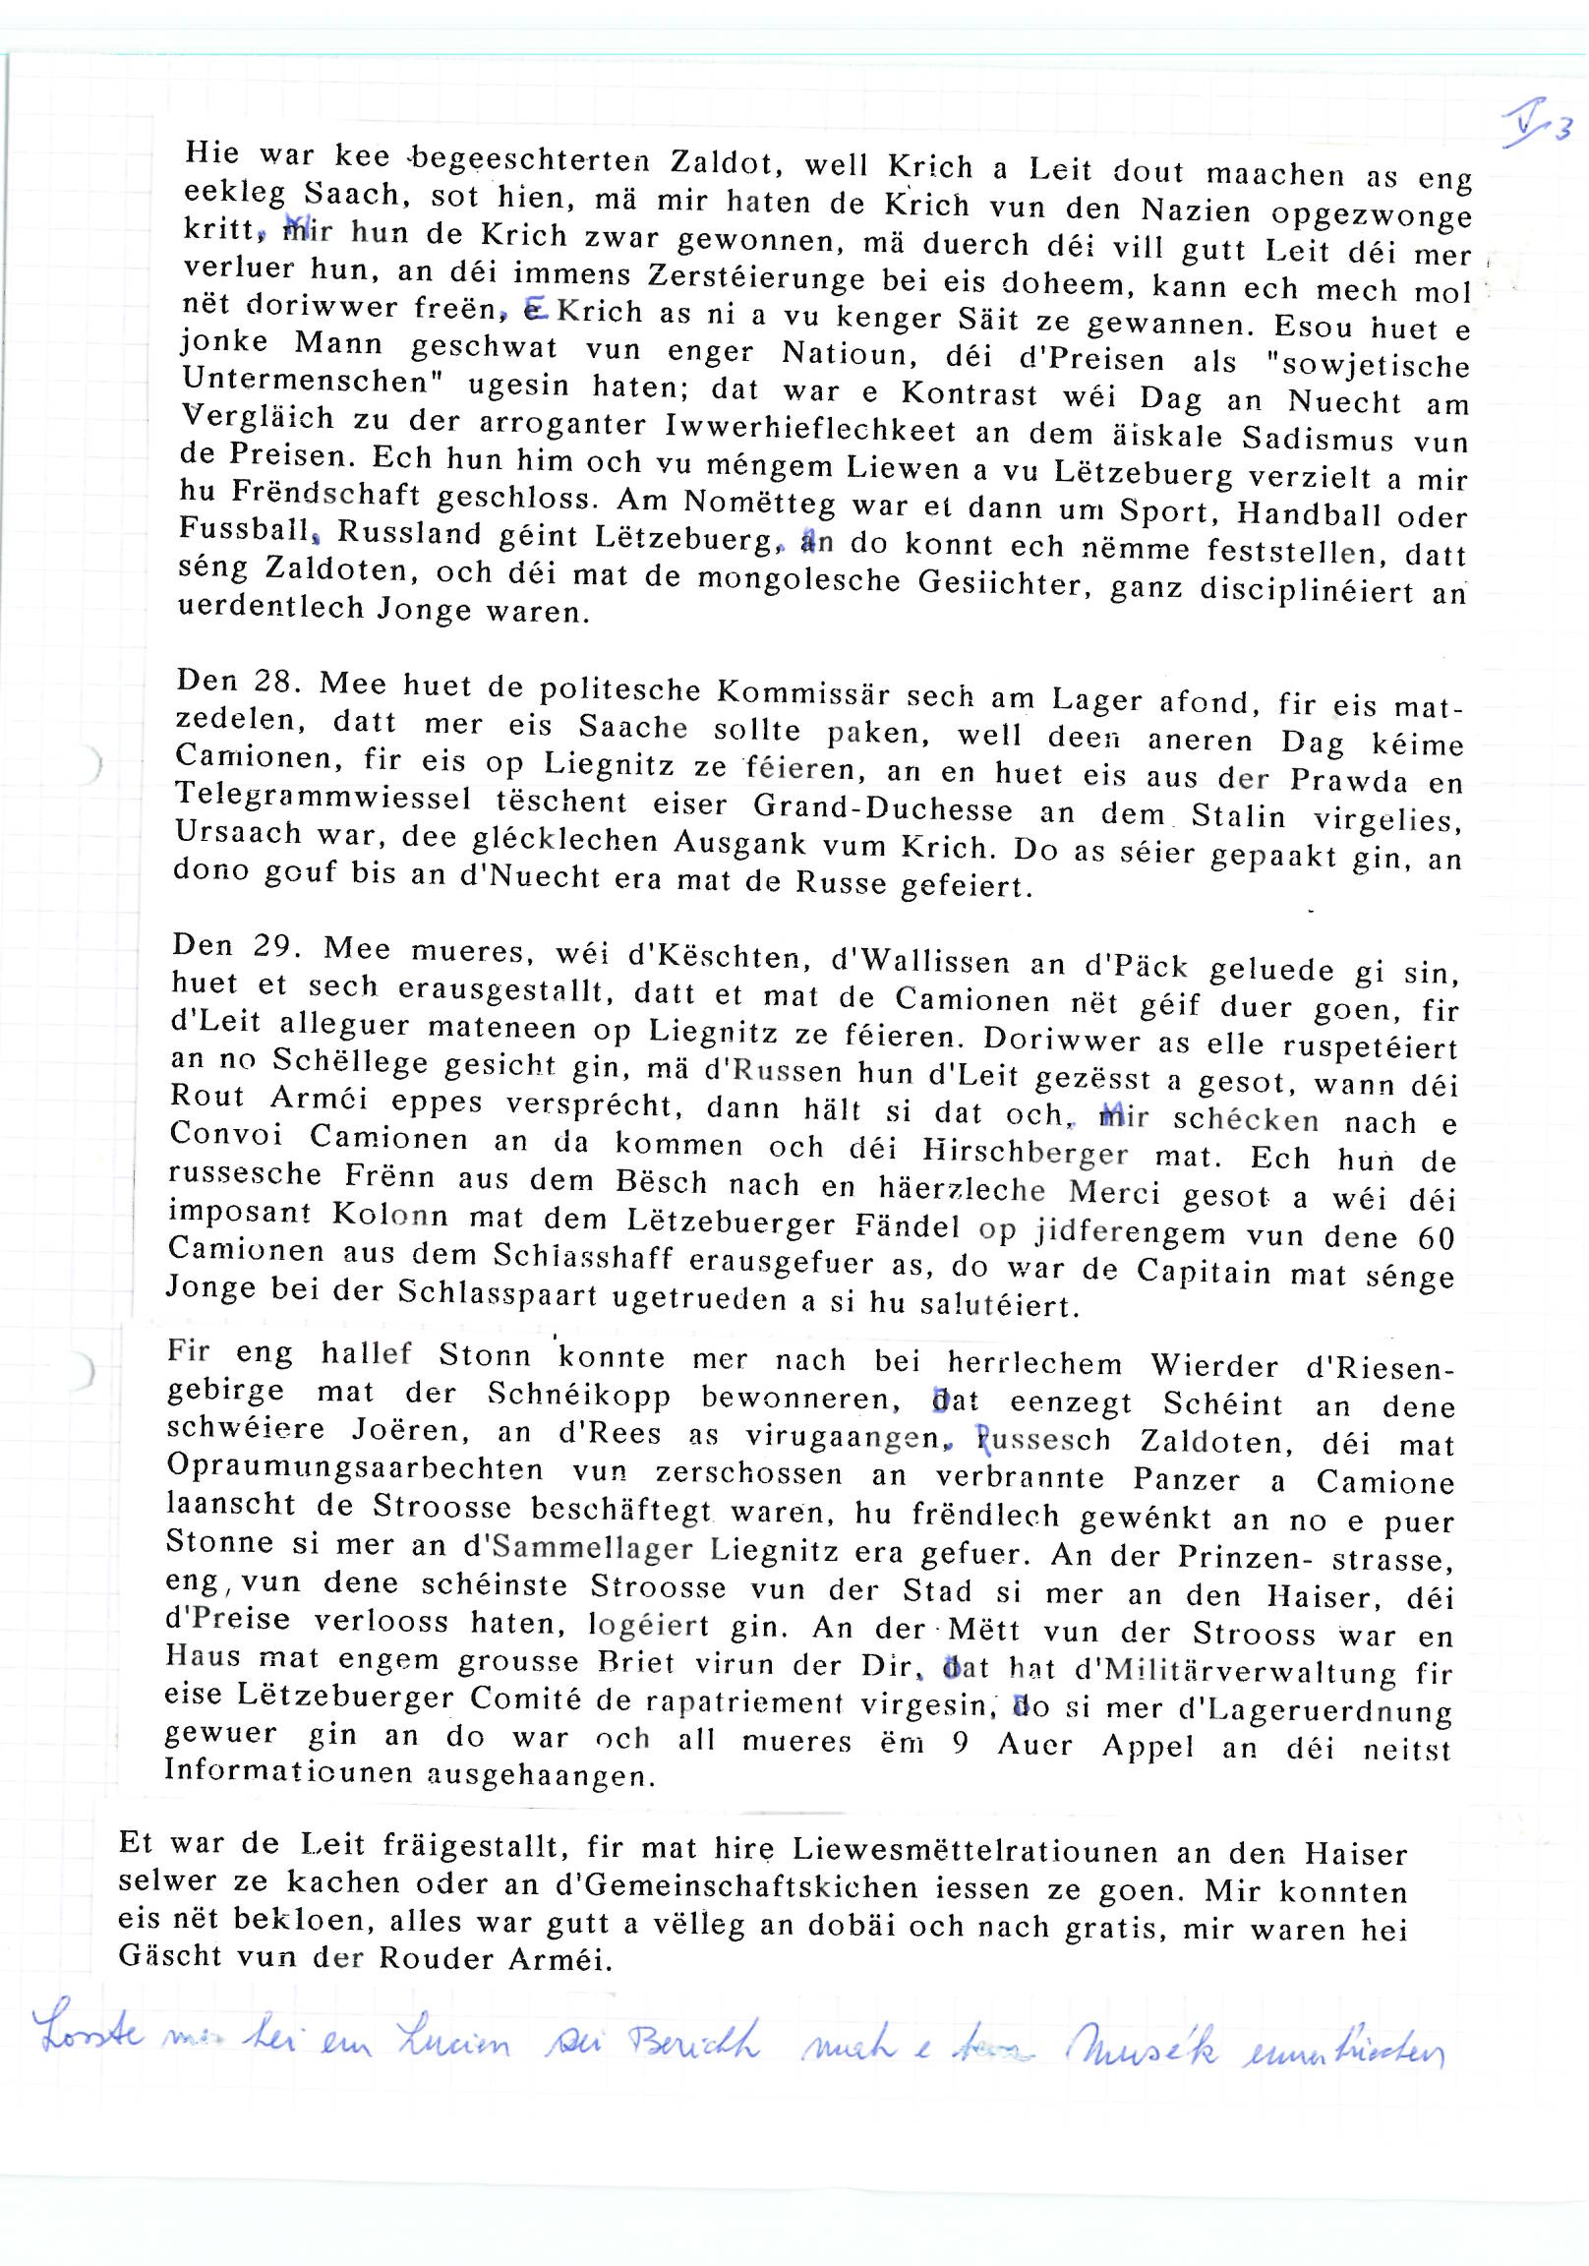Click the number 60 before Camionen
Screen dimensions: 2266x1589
click(1436, 1237)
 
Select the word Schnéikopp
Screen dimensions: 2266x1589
click(578, 1396)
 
